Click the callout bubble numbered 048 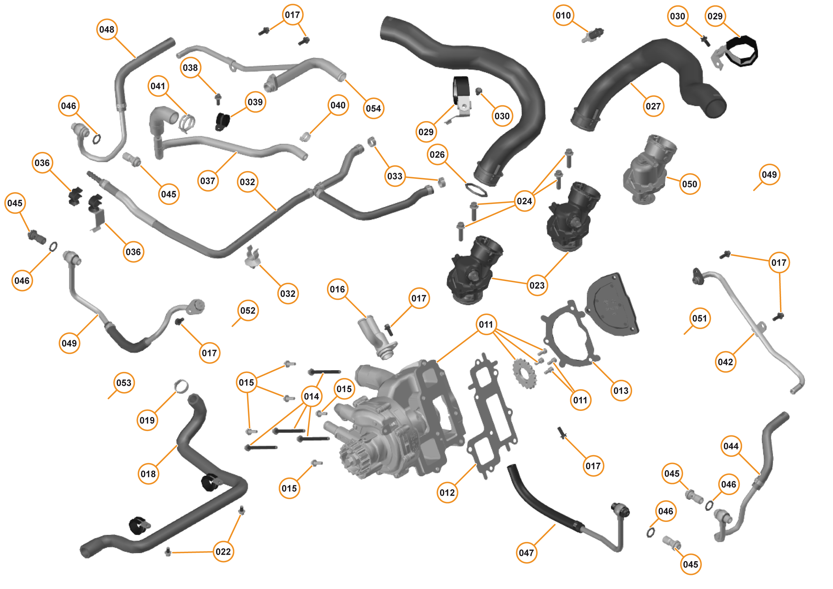pyautogui.click(x=107, y=30)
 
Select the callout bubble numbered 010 pyautogui.click(x=563, y=16)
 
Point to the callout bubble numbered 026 pyautogui.click(x=437, y=155)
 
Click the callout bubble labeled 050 pyautogui.click(x=689, y=184)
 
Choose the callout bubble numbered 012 pyautogui.click(x=447, y=492)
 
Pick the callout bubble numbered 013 pyautogui.click(x=621, y=390)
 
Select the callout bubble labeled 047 pyautogui.click(x=526, y=553)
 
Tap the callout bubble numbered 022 pyautogui.click(x=223, y=552)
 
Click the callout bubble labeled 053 pyautogui.click(x=124, y=383)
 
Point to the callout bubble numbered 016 pyautogui.click(x=337, y=289)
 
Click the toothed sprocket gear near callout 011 pyautogui.click(x=524, y=373)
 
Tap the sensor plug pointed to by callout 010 pyautogui.click(x=592, y=35)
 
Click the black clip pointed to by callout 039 pyautogui.click(x=222, y=121)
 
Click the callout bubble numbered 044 pyautogui.click(x=731, y=446)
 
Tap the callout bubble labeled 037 pyautogui.click(x=208, y=181)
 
